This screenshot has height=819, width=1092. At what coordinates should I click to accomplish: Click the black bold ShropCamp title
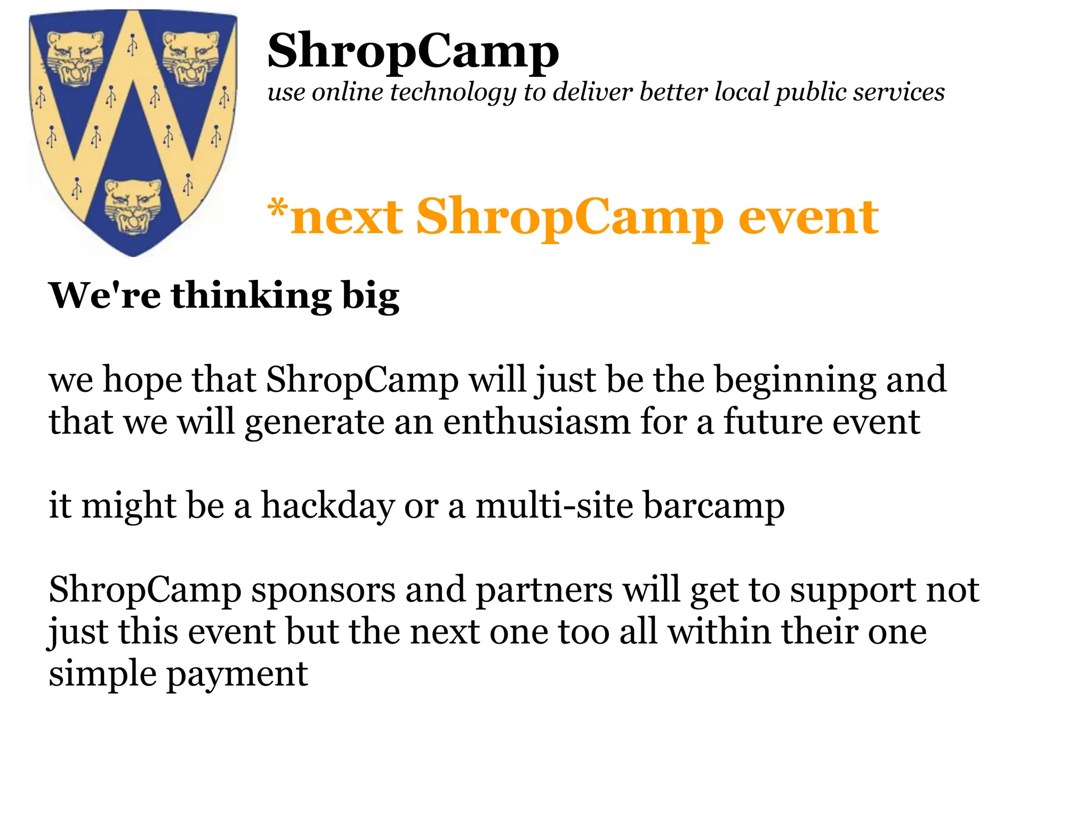(413, 52)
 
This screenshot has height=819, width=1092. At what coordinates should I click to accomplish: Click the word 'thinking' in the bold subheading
(251, 296)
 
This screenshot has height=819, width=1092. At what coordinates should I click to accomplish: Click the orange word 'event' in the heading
(808, 217)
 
